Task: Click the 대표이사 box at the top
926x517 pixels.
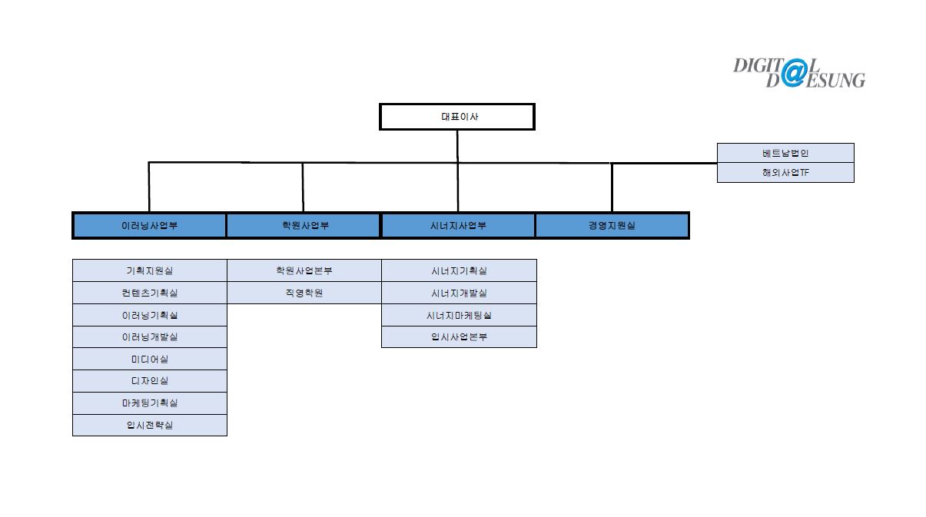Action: click(456, 117)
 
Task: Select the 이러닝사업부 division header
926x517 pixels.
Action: click(149, 226)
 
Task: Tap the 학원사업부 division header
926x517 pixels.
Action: click(304, 226)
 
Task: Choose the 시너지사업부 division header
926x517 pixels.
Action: click(458, 226)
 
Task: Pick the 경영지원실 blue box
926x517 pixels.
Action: click(612, 226)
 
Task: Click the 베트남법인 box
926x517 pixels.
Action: click(785, 153)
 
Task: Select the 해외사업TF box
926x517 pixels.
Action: click(785, 173)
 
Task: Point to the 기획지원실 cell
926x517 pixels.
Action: click(150, 270)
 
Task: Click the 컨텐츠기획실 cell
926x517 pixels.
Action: click(150, 293)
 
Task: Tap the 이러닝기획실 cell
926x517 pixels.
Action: click(150, 315)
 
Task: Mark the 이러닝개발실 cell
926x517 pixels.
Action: click(150, 336)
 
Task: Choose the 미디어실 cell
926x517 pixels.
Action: click(150, 359)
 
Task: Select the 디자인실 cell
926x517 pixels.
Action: click(150, 381)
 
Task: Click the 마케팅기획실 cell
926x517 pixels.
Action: click(150, 403)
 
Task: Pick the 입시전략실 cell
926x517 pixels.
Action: click(150, 425)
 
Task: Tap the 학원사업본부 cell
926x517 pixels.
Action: click(304, 270)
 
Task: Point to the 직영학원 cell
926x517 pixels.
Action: click(304, 293)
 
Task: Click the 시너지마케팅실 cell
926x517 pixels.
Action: click(459, 315)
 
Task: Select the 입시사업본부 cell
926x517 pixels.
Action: click(459, 336)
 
